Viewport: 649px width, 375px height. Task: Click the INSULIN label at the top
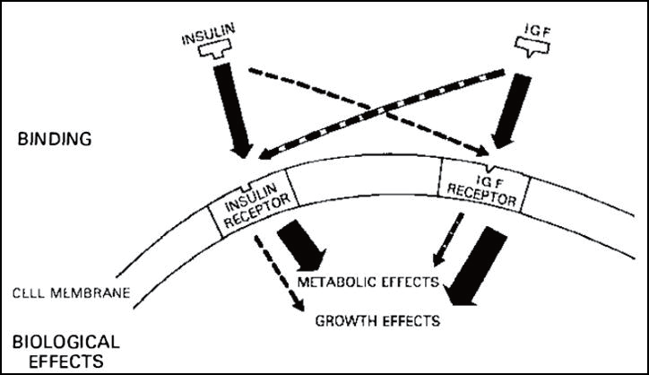[x=205, y=39]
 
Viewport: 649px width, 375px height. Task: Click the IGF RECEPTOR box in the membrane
[x=485, y=184]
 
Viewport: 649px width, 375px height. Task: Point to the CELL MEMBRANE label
[x=74, y=292]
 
